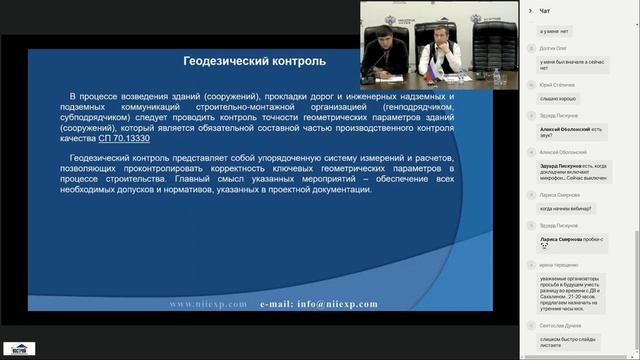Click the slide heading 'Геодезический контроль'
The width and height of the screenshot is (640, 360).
coord(254,60)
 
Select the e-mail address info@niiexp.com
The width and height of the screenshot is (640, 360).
coord(319,303)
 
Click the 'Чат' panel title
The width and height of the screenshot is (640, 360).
coord(545,10)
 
